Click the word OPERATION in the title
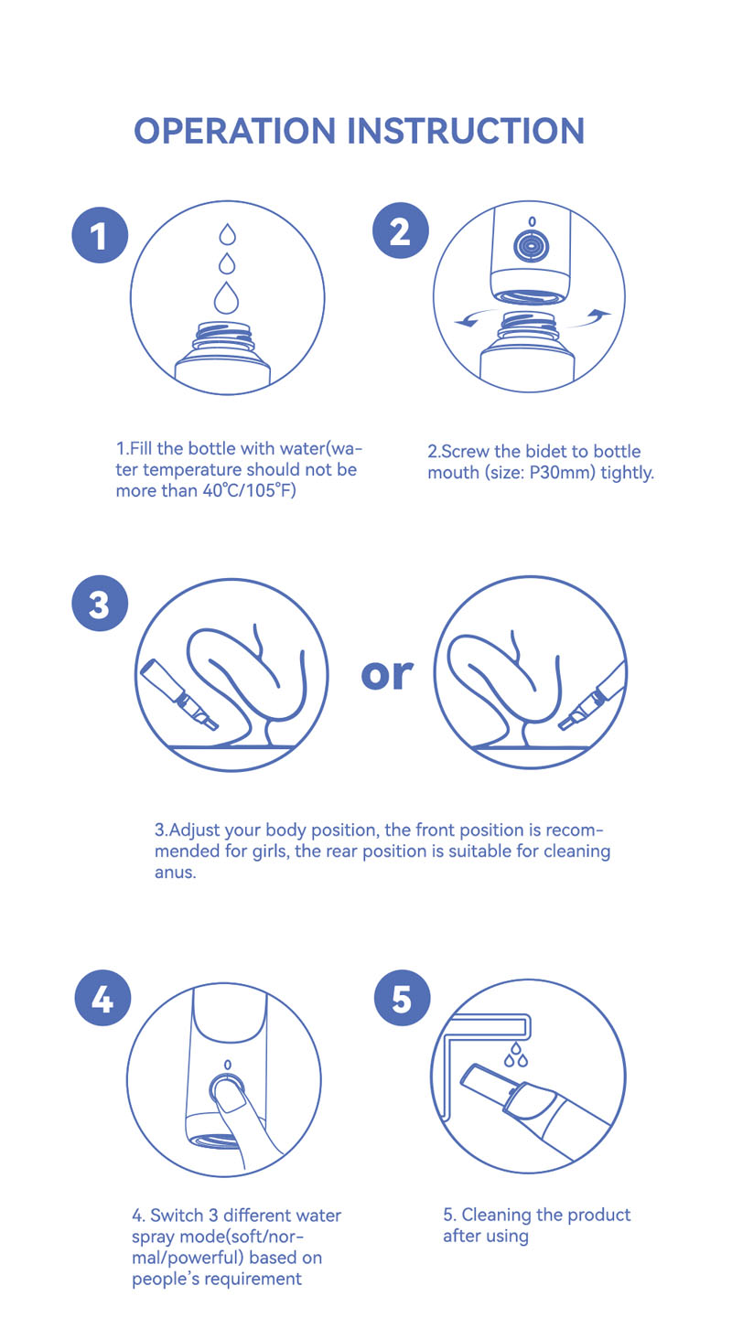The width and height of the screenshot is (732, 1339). [234, 131]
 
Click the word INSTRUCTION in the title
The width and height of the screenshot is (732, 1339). [466, 131]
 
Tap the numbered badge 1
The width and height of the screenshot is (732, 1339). [100, 235]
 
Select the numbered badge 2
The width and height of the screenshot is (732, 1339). [401, 230]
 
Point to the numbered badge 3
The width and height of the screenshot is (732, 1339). [100, 603]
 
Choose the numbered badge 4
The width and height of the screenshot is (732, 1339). [102, 998]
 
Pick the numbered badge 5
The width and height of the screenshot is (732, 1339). [403, 998]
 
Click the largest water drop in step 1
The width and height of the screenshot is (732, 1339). [227, 297]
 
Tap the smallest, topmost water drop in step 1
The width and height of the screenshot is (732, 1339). [227, 234]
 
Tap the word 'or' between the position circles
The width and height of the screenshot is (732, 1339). [387, 675]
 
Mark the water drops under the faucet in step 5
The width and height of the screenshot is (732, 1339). [515, 1055]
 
